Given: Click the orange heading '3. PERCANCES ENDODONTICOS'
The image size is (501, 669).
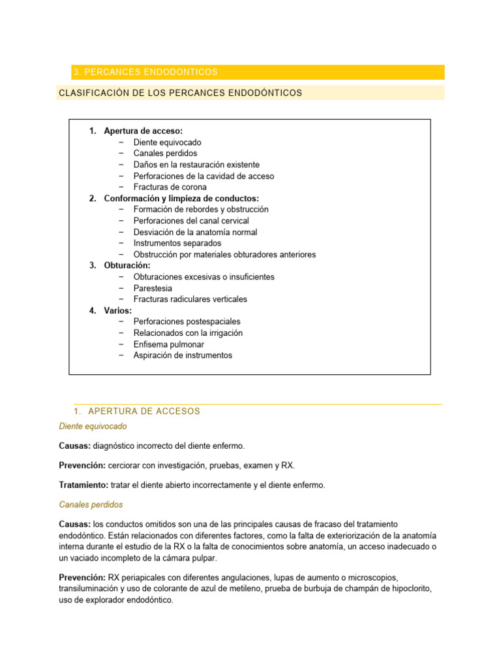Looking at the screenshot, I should [145, 72].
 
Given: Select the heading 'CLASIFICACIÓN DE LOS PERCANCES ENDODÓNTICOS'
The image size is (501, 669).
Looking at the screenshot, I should [180, 93].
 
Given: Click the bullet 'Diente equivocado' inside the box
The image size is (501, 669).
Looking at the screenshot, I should [167, 142].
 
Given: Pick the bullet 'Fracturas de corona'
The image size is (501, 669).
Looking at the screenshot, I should [170, 187].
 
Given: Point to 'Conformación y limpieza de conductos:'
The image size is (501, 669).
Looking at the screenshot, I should [181, 198].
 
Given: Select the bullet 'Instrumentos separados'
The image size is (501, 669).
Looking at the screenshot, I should [177, 243].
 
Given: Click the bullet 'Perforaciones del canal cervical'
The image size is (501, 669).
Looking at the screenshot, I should [191, 221].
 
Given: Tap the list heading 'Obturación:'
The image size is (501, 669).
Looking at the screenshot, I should [127, 265].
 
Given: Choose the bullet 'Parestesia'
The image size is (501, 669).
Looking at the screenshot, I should [153, 288].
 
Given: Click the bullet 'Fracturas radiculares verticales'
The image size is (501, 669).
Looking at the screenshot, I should [190, 299].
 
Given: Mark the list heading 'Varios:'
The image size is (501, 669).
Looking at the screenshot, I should [117, 310].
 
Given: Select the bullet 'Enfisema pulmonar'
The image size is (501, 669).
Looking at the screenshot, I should [168, 344].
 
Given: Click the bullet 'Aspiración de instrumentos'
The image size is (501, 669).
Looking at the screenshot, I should [182, 355].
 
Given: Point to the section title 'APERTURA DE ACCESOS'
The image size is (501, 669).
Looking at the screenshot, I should [144, 411].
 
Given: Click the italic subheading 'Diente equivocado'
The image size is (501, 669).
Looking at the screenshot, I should [93, 426].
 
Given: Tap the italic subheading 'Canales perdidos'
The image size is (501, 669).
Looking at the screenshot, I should [91, 505].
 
